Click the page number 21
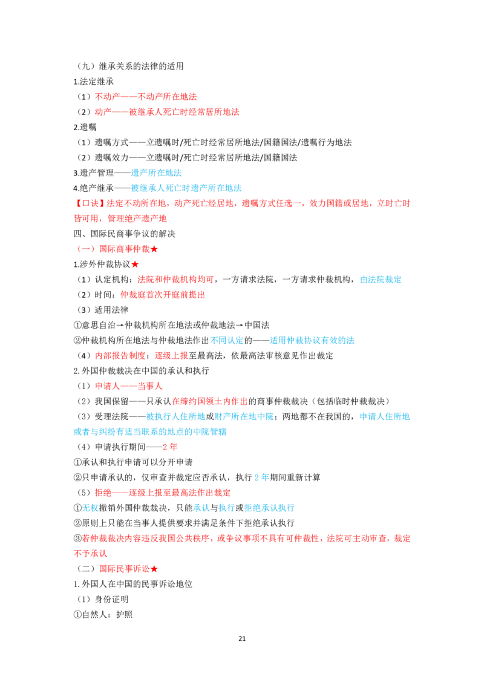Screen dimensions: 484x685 tap(242, 638)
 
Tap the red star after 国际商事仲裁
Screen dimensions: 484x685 tap(154, 249)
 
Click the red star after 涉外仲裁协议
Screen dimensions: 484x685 tap(135, 264)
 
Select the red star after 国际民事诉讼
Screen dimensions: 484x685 tap(154, 569)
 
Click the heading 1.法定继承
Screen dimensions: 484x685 tap(94, 82)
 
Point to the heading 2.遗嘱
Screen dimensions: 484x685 tap(85, 127)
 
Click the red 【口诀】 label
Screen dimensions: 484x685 tap(90, 203)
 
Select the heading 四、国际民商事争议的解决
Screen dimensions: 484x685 tap(125, 234)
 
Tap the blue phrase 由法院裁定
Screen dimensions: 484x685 tap(381, 280)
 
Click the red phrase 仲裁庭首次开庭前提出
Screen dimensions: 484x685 tap(163, 295)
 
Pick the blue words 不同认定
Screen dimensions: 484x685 tap(227, 340)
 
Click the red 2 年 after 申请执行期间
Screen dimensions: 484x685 tap(171, 447)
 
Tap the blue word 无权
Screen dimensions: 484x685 tap(90, 508)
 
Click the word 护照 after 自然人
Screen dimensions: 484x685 tap(125, 614)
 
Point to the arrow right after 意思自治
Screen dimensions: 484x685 tap(120, 326)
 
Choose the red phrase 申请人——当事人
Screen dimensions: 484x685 tap(128, 386)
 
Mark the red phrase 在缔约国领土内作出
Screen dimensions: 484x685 tap(210, 401)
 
